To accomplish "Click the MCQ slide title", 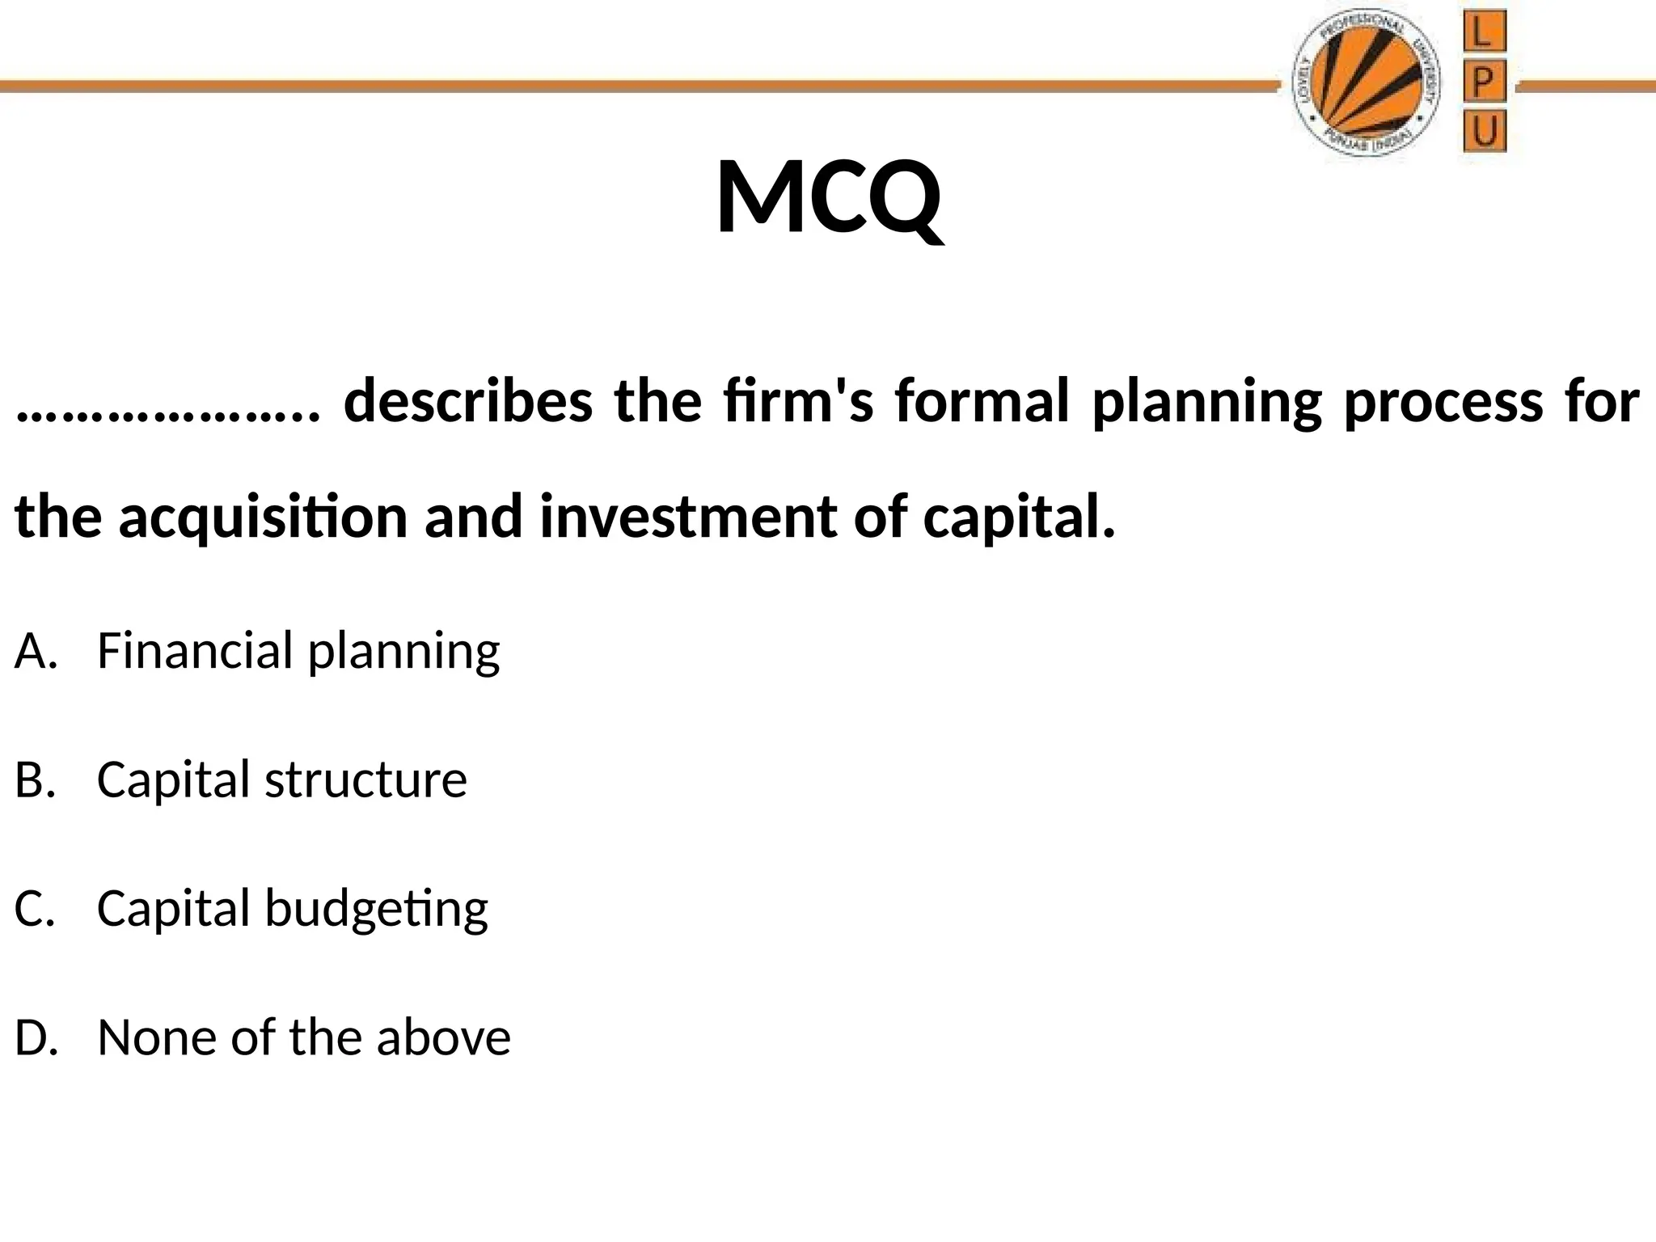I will (828, 198).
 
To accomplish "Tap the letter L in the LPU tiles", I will (1484, 35).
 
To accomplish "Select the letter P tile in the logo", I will (1484, 82).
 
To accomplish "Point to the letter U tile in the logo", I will (1484, 132).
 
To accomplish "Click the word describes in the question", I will (468, 402).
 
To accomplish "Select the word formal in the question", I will (982, 402).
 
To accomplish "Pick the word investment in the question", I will (688, 517).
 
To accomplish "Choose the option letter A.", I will (36, 651).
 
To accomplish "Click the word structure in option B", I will (365, 780).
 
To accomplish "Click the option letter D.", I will (36, 1037).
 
